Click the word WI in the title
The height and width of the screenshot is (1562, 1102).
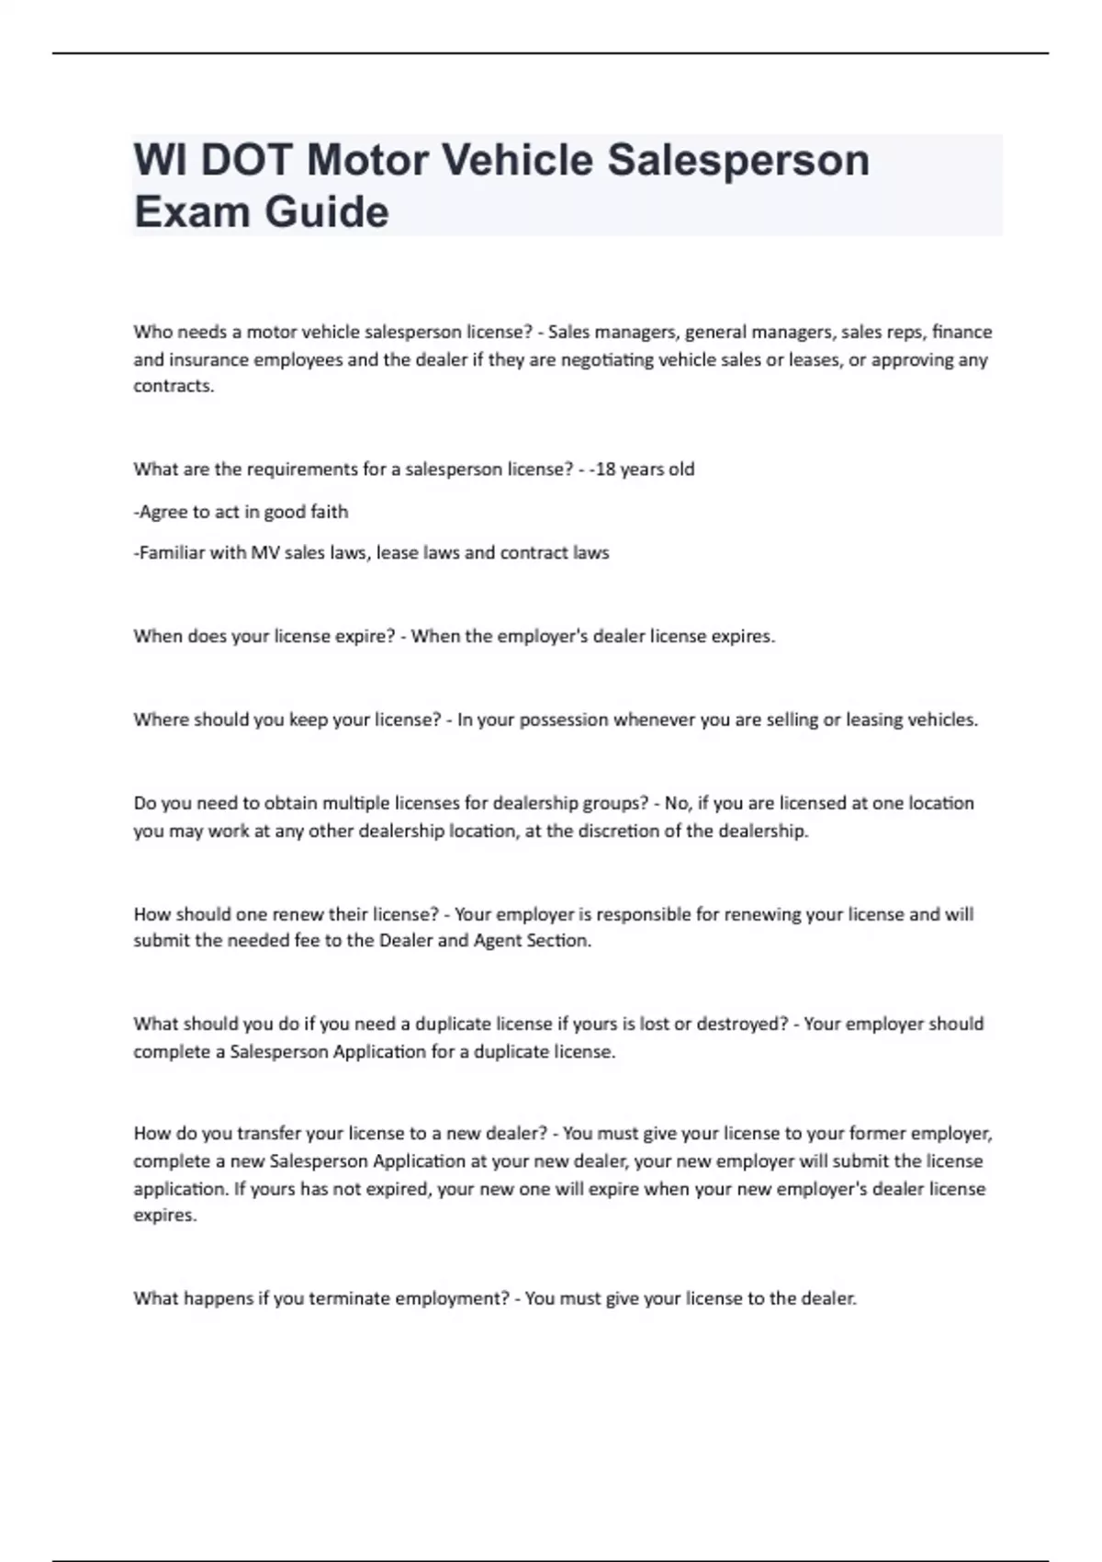point(161,160)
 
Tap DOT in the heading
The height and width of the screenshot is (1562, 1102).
point(248,160)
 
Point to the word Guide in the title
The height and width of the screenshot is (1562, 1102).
point(326,211)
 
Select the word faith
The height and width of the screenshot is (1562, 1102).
point(330,511)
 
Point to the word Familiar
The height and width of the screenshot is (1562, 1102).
point(172,552)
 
